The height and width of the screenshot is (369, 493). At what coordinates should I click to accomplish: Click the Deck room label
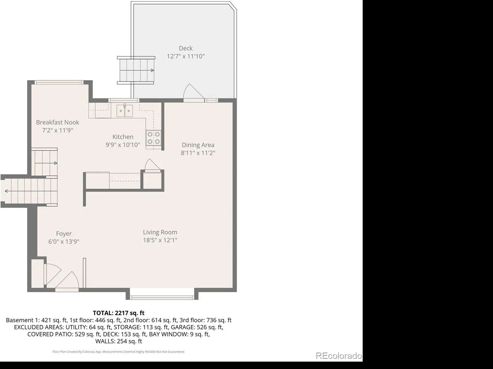pyautogui.click(x=185, y=48)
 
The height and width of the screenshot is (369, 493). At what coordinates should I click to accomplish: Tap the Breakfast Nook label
pyautogui.click(x=58, y=122)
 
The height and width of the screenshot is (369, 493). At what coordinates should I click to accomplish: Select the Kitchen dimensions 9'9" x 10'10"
pyautogui.click(x=123, y=145)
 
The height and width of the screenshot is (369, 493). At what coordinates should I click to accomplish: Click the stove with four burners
pyautogui.click(x=154, y=138)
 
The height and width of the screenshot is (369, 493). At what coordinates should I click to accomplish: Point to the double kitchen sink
pyautogui.click(x=125, y=111)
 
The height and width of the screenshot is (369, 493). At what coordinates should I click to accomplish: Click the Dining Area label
pyautogui.click(x=198, y=145)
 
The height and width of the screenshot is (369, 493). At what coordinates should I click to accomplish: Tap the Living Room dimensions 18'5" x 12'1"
pyautogui.click(x=160, y=240)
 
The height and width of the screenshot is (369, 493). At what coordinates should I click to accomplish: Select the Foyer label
pyautogui.click(x=64, y=234)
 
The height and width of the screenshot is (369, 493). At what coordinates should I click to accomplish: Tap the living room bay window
pyautogui.click(x=162, y=298)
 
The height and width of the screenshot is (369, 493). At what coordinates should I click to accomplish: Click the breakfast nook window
pyautogui.click(x=59, y=82)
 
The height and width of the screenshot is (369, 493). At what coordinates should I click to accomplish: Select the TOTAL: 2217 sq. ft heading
pyautogui.click(x=119, y=313)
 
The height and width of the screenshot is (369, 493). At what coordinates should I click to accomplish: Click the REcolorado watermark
pyautogui.click(x=338, y=356)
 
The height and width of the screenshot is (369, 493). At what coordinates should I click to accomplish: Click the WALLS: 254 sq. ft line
pyautogui.click(x=119, y=341)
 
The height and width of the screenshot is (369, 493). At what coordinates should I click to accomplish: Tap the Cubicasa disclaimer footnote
pyautogui.click(x=119, y=352)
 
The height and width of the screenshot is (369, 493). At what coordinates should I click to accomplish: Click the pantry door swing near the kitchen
pyautogui.click(x=153, y=165)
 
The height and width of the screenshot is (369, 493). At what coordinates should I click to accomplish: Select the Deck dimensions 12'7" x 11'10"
pyautogui.click(x=185, y=56)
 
